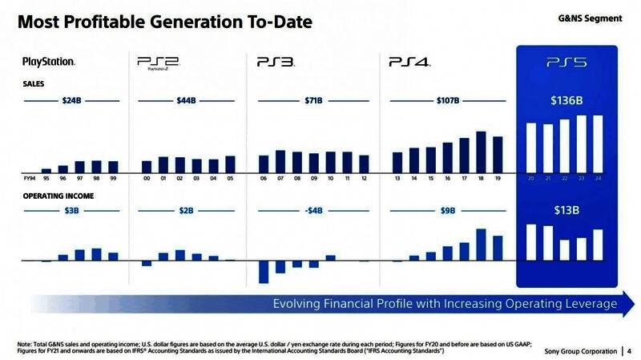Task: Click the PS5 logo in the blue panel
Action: tap(566, 62)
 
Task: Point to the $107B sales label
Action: tap(448, 101)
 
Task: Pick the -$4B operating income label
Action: tap(313, 211)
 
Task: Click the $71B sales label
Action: tap(313, 101)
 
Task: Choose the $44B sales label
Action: tap(187, 101)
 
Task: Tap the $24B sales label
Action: tap(71, 101)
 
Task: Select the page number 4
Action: tap(629, 350)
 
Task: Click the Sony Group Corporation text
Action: tap(580, 350)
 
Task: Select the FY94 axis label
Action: tap(30, 178)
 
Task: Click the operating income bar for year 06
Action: tap(263, 272)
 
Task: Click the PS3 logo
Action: tap(276, 62)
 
